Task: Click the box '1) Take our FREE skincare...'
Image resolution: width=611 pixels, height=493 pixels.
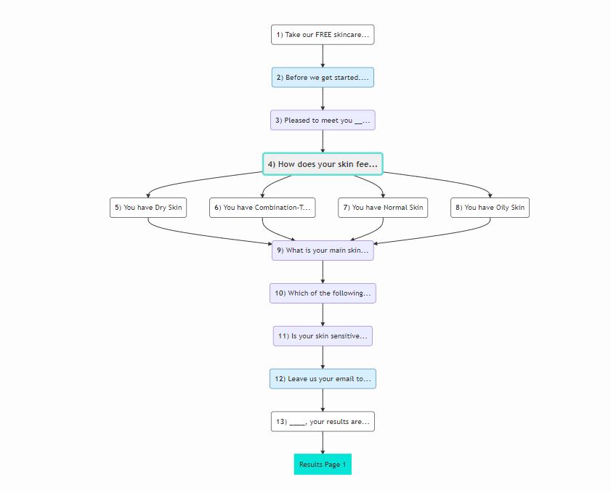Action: pos(323,34)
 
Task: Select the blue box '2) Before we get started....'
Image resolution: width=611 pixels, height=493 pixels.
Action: pos(323,77)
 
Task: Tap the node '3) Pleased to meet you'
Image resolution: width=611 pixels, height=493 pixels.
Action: pos(323,120)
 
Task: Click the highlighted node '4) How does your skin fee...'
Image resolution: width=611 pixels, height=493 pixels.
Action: pos(323,164)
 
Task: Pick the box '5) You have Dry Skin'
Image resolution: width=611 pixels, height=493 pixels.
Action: pos(147,208)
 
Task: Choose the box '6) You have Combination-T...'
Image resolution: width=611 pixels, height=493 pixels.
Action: pos(262,208)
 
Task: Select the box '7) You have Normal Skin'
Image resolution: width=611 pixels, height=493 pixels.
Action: pos(383,208)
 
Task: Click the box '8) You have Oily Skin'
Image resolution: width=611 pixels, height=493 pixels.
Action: pos(490,208)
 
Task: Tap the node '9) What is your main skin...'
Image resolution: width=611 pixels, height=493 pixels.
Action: pos(323,250)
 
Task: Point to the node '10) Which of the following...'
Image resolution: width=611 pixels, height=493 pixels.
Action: pos(323,293)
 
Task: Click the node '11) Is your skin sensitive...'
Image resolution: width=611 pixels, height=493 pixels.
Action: pos(323,336)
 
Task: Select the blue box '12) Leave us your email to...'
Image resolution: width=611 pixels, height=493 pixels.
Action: pos(323,378)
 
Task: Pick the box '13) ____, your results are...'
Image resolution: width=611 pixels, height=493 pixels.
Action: pos(323,421)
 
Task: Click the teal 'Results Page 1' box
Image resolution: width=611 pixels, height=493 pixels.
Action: pos(323,464)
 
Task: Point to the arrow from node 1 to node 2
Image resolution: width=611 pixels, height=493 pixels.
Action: pos(323,56)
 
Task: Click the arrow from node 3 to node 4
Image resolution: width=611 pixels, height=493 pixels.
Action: pos(323,142)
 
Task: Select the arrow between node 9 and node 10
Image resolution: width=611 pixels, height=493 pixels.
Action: pos(323,272)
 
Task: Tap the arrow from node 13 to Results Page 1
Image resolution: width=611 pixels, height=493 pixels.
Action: pos(323,442)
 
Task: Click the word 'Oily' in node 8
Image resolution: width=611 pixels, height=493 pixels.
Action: pos(501,208)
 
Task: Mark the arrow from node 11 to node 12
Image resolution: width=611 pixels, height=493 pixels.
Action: pos(323,357)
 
